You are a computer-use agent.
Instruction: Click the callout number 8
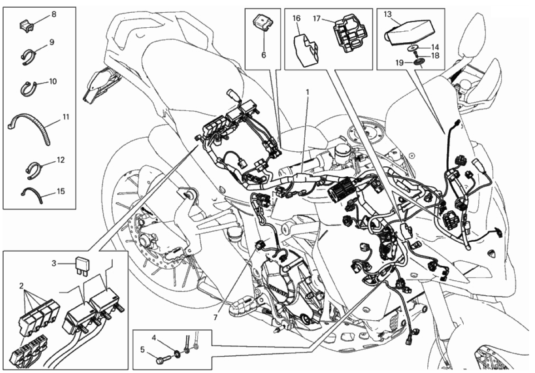tap(54, 15)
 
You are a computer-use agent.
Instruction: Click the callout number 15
tap(60, 191)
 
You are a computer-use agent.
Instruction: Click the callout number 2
tap(21, 286)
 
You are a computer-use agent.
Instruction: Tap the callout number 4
tap(154, 338)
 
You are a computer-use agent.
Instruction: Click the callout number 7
tap(215, 318)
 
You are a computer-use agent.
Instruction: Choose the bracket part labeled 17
tap(349, 33)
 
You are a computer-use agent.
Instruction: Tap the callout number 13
tap(387, 15)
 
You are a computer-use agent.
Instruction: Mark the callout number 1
tap(307, 92)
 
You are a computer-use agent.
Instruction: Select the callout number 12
tap(60, 160)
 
